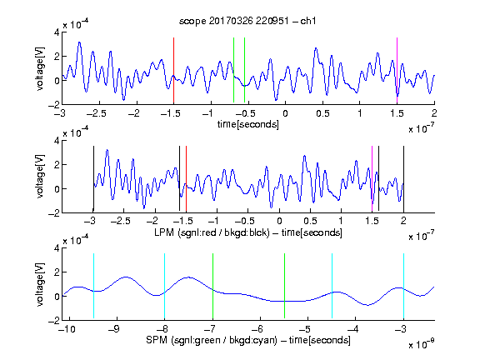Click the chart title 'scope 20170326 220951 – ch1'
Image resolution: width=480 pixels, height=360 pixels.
247,21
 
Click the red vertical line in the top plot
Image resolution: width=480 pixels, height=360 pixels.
173,70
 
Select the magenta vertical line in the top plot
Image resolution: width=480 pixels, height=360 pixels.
397,70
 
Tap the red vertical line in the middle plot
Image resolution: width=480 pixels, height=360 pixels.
186,179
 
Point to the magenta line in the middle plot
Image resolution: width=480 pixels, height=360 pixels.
372,179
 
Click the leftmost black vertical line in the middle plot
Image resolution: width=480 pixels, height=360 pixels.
93,179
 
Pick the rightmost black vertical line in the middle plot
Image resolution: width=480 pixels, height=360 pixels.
403,179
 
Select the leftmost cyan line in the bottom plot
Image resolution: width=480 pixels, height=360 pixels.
93,286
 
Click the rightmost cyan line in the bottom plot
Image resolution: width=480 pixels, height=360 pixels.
403,286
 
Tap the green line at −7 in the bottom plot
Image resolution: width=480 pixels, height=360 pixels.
212,286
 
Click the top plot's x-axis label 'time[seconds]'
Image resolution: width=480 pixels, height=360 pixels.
248,124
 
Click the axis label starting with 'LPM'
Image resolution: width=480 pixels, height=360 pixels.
248,232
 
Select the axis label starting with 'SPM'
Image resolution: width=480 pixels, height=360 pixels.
248,340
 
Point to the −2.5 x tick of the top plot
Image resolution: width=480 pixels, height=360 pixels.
96,113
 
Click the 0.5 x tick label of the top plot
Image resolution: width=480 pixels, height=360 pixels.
322,113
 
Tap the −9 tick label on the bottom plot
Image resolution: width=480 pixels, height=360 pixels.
114,329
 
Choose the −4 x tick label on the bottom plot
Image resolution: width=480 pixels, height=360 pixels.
353,329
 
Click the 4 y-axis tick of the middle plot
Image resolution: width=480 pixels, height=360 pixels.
57,141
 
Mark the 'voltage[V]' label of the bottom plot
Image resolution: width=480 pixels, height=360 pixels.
40,284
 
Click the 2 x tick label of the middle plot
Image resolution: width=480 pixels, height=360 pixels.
403,221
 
